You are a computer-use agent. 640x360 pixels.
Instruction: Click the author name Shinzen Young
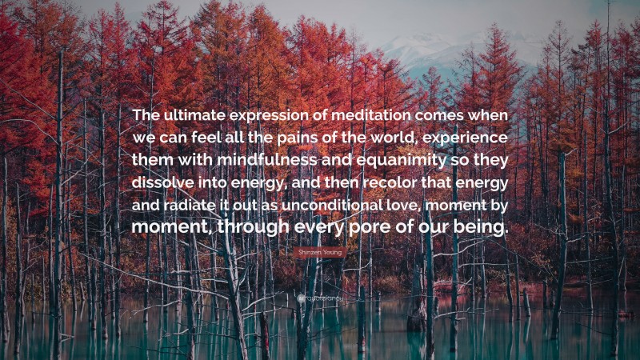point(320,252)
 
